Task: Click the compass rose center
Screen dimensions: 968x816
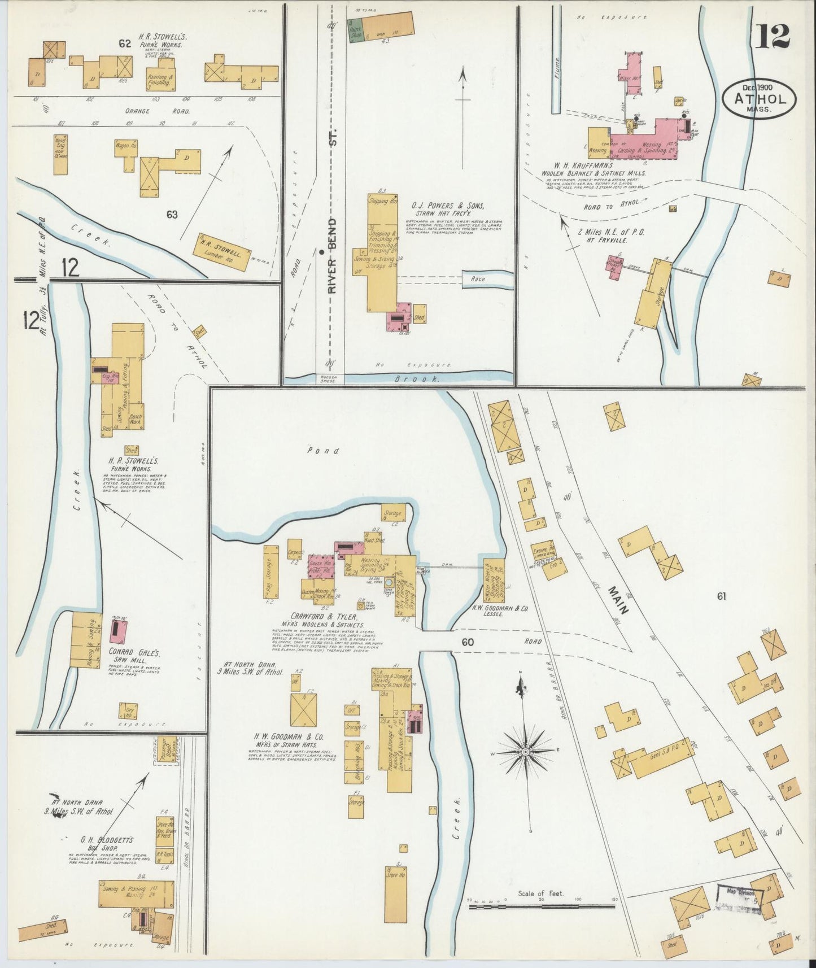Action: (x=525, y=752)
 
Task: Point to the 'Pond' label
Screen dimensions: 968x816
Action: (x=324, y=451)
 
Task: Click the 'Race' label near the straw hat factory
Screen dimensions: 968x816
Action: (x=478, y=279)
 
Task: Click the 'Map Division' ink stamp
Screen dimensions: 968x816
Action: (x=740, y=897)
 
